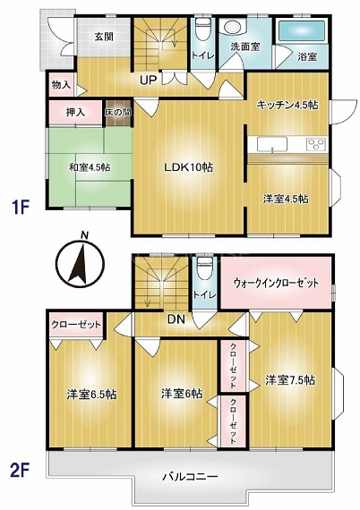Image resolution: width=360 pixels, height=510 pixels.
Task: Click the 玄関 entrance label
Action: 104,37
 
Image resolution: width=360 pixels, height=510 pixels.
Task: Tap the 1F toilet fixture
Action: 203,30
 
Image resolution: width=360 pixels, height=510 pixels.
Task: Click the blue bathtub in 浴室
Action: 302,31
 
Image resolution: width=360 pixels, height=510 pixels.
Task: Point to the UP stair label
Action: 148,80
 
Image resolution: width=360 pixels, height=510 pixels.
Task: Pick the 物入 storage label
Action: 61,85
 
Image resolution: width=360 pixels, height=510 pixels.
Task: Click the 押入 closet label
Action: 75,112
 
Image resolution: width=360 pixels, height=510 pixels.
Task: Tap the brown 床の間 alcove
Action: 117,113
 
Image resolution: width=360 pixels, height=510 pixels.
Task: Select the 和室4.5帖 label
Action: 90,167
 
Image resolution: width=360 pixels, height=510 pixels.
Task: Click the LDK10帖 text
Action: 188,167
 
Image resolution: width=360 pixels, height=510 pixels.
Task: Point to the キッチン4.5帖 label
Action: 287,105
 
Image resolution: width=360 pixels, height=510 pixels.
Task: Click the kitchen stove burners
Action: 316,144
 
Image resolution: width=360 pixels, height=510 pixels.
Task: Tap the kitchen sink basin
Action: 272,144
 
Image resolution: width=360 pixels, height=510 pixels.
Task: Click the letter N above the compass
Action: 85,235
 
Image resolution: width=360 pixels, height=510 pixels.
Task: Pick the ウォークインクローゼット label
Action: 276,283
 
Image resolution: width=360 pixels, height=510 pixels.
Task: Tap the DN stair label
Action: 176,319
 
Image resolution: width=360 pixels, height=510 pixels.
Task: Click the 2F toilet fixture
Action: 204,269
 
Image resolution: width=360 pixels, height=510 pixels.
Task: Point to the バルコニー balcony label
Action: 190,477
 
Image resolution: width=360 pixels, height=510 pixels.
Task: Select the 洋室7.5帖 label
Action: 290,379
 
